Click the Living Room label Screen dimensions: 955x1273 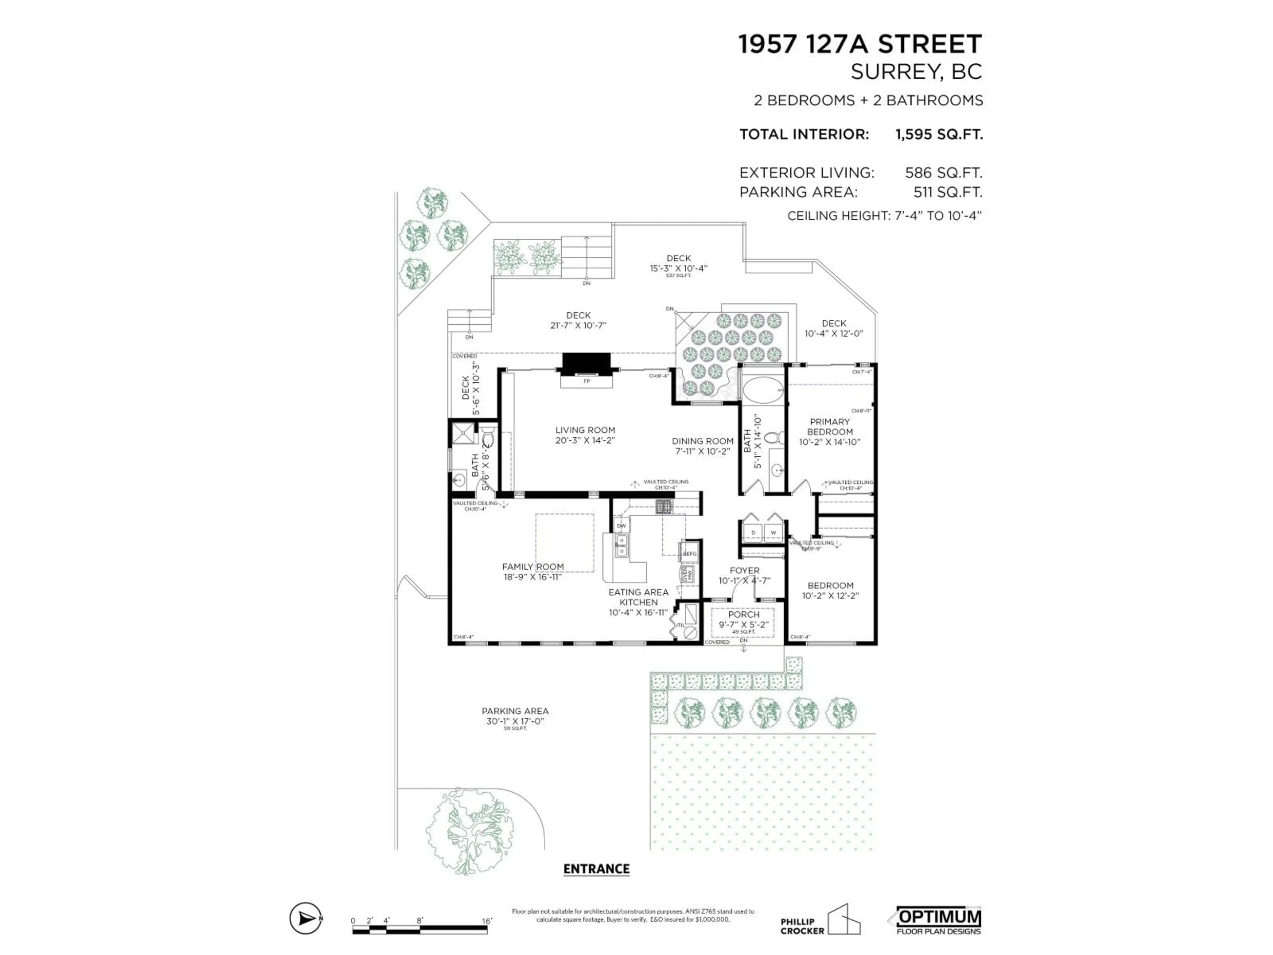click(585, 430)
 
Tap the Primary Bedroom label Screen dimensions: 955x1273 click(829, 426)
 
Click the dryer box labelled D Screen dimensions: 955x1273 click(753, 533)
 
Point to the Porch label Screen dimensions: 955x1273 click(744, 615)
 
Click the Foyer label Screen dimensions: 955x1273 click(745, 570)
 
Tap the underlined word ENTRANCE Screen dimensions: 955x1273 click(596, 869)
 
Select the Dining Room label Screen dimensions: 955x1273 click(703, 441)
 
